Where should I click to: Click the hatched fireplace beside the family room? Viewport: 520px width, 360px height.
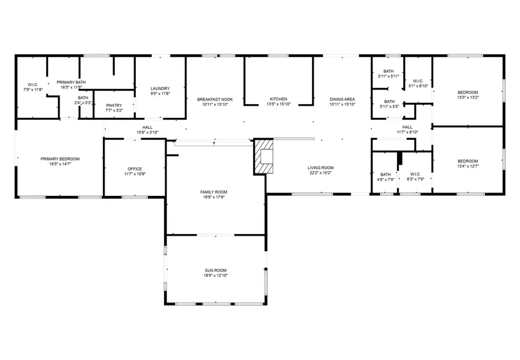[x=263, y=156]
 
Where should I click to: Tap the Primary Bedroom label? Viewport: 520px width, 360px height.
[x=60, y=159]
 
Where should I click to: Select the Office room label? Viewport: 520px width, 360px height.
[x=135, y=169]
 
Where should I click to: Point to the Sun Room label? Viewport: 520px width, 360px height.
[x=215, y=270]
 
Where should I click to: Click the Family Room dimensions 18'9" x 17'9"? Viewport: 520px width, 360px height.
[x=214, y=197]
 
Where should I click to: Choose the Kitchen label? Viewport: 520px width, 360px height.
[x=278, y=99]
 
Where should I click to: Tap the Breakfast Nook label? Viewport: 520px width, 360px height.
[x=215, y=99]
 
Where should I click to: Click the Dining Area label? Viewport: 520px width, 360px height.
[x=342, y=99]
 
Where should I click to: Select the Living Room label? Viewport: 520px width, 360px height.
[x=320, y=168]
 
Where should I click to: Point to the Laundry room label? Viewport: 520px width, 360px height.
[x=159, y=88]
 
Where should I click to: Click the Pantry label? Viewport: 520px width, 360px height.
[x=114, y=105]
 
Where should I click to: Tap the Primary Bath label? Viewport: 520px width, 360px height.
[x=71, y=82]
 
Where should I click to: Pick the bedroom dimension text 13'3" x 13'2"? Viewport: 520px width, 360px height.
[x=468, y=98]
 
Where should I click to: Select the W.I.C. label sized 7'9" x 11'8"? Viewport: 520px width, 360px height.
[x=34, y=90]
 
